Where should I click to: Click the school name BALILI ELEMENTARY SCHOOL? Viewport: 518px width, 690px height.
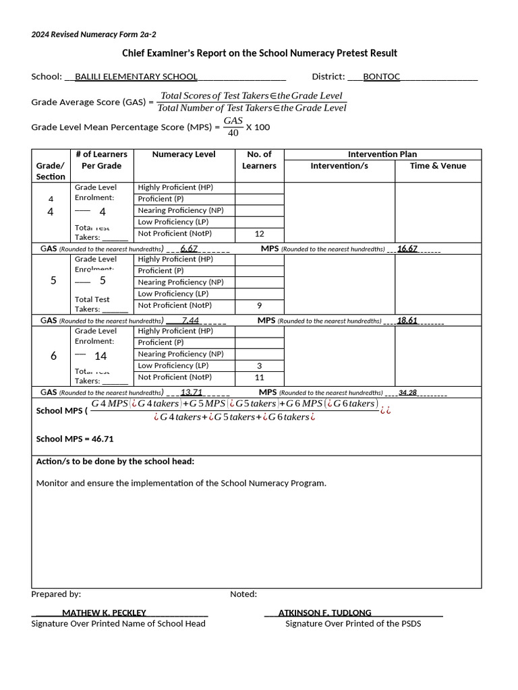click(136, 77)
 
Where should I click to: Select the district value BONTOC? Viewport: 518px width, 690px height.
click(381, 77)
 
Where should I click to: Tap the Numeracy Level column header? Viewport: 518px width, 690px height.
click(183, 154)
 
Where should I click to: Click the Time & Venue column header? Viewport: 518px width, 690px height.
click(438, 166)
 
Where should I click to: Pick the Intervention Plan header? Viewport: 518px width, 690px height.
click(382, 154)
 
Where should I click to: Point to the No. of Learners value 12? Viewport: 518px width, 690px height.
click(259, 234)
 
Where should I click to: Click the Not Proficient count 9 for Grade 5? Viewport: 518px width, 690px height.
click(259, 305)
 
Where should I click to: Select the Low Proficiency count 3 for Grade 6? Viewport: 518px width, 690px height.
click(259, 366)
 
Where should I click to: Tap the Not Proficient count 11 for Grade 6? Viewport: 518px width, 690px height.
click(259, 377)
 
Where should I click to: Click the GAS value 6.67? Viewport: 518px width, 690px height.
click(189, 249)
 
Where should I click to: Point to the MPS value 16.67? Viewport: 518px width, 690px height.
click(407, 249)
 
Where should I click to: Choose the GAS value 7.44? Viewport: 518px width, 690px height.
click(190, 321)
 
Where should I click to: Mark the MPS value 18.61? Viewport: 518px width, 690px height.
click(407, 321)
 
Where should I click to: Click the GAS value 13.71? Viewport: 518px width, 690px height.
click(192, 392)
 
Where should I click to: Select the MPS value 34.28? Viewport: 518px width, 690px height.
click(408, 392)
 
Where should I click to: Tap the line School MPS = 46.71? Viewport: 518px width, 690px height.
click(75, 439)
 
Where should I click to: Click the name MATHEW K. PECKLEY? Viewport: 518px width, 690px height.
click(104, 613)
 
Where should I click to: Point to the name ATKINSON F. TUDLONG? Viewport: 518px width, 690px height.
click(324, 613)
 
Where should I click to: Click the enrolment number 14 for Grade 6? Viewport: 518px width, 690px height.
click(100, 356)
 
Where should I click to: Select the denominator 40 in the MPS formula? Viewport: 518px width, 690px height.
click(233, 133)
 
